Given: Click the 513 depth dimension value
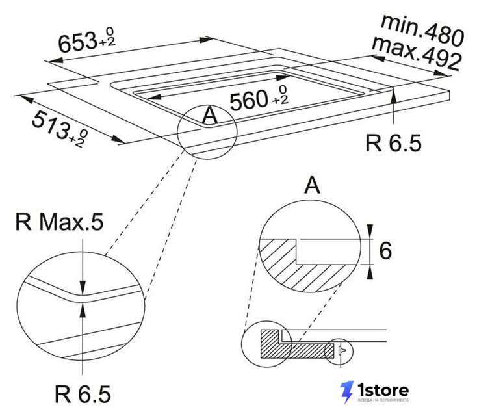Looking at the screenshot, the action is coord(50,125).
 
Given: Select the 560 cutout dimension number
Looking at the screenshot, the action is coord(248,101).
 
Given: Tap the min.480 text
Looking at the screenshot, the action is coord(422,30).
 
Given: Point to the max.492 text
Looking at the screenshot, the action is coord(417,53).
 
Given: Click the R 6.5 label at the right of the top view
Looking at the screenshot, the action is coord(393,143).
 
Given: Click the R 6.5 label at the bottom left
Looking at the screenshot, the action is coord(83,394).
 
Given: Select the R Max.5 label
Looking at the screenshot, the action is coord(59,222).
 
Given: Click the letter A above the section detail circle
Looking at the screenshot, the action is coord(312,185).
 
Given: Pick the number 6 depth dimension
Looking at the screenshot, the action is coord(385,252).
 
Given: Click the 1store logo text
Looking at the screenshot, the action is coord(383,390).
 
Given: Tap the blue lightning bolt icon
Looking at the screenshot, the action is coord(347,392).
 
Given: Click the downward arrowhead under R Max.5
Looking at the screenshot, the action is coord(83,287).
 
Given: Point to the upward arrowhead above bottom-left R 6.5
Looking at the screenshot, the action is coord(83,311).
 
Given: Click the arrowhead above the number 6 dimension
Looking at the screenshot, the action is coord(370,232).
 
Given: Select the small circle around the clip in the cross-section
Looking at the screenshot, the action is coord(339,352).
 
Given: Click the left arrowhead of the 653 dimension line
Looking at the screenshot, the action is coord(56,60).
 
